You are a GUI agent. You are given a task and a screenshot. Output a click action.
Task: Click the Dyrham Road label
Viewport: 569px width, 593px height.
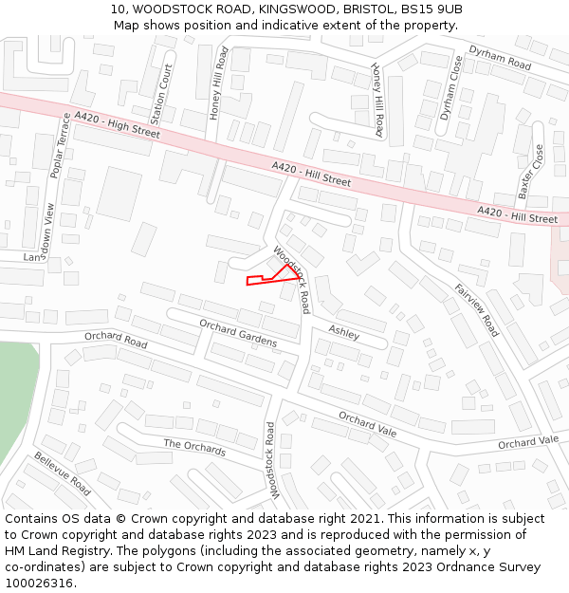pos(500,57)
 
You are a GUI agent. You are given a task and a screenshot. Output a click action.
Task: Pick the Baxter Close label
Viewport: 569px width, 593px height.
pos(531,172)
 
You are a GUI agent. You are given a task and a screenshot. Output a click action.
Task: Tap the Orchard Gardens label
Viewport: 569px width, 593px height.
pos(238,332)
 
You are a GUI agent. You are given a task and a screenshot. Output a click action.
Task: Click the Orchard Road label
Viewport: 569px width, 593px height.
pos(116,339)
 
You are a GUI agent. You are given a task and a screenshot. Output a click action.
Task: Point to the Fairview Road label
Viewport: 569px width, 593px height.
pos(476,310)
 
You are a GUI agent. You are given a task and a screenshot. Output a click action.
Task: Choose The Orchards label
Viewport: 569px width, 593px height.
pos(194,446)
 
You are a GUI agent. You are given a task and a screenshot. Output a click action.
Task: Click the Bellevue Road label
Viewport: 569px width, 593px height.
pos(63,473)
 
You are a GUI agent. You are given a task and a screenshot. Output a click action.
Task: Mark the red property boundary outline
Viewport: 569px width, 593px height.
pos(275,276)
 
